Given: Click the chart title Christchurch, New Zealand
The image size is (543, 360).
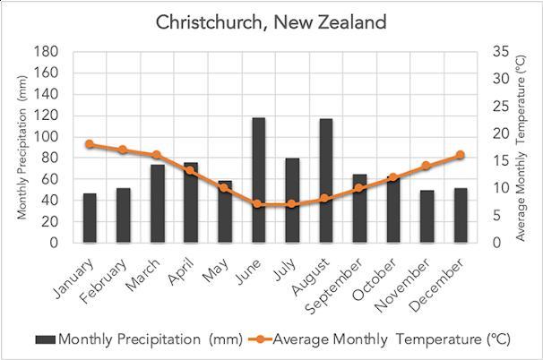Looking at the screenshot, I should (x=271, y=21).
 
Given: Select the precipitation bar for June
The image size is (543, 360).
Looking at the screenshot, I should (x=258, y=180).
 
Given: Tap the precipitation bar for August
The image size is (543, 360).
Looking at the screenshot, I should (x=326, y=180).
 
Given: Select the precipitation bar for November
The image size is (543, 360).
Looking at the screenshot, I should (x=427, y=216).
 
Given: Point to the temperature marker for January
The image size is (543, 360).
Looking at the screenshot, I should (x=90, y=144).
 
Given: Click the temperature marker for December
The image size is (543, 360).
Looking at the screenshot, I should (x=461, y=155).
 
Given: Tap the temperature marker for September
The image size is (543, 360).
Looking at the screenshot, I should (x=359, y=188).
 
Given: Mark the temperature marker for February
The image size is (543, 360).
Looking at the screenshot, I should (x=123, y=150).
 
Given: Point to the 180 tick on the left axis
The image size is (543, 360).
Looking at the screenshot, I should (x=46, y=52).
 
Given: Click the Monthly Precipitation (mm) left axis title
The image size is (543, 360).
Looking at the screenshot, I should (x=22, y=147).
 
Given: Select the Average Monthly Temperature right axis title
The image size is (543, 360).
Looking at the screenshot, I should (x=522, y=147).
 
